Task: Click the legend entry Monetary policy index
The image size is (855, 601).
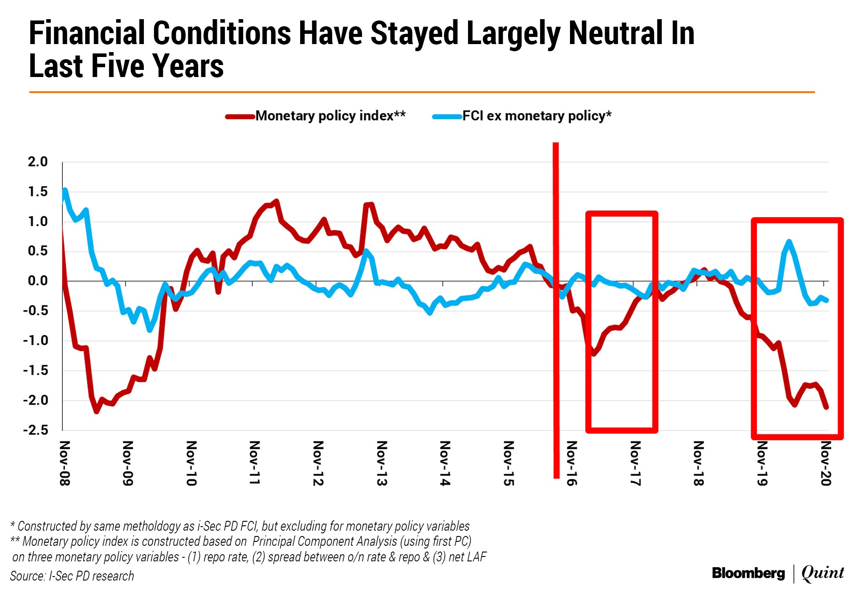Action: point(330,116)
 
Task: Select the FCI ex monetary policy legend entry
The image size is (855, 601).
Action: point(536,116)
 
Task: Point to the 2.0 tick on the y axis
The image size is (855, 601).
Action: point(38,162)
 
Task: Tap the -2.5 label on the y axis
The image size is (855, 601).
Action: point(36,430)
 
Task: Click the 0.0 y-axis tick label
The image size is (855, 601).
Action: point(38,281)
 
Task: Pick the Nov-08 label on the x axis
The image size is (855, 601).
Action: point(65,463)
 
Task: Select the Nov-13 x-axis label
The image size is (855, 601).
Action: point(382,463)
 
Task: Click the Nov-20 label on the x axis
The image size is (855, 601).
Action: point(826,463)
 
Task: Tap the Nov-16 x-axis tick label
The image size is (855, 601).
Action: point(572,463)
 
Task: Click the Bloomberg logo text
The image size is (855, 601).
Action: point(748,573)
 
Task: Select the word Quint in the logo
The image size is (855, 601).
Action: point(822,573)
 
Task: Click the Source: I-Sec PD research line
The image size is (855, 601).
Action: point(72,576)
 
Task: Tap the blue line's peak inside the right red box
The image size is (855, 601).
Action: point(789,242)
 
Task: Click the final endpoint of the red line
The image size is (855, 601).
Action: point(826,407)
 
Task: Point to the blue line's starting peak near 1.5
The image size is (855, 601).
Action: point(65,190)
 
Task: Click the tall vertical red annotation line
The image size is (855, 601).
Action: point(556,312)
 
